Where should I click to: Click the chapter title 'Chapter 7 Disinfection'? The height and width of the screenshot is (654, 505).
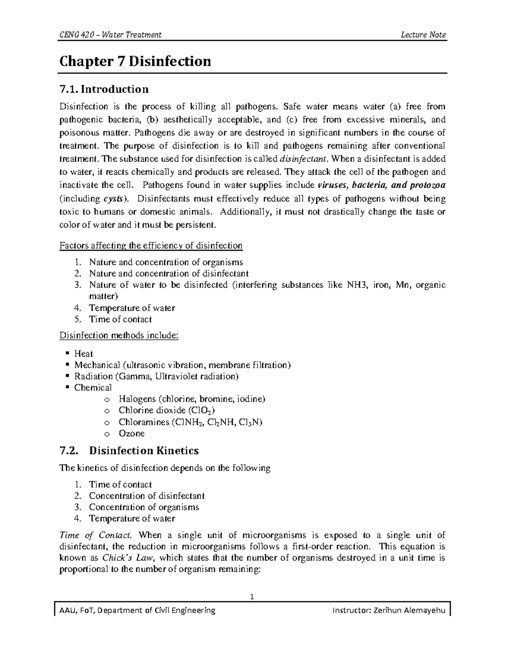pyautogui.click(x=135, y=61)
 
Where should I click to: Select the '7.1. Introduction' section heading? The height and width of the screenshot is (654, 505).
pyautogui.click(x=104, y=89)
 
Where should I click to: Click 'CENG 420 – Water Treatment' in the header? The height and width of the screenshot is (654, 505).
pyautogui.click(x=111, y=35)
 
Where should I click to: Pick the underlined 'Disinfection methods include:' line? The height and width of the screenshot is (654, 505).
pyautogui.click(x=119, y=336)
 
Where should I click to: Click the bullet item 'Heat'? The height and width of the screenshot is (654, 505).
pyautogui.click(x=83, y=354)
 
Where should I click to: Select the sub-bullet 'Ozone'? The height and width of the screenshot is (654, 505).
pyautogui.click(x=131, y=433)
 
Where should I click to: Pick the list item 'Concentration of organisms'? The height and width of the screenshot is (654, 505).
pyautogui.click(x=144, y=507)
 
